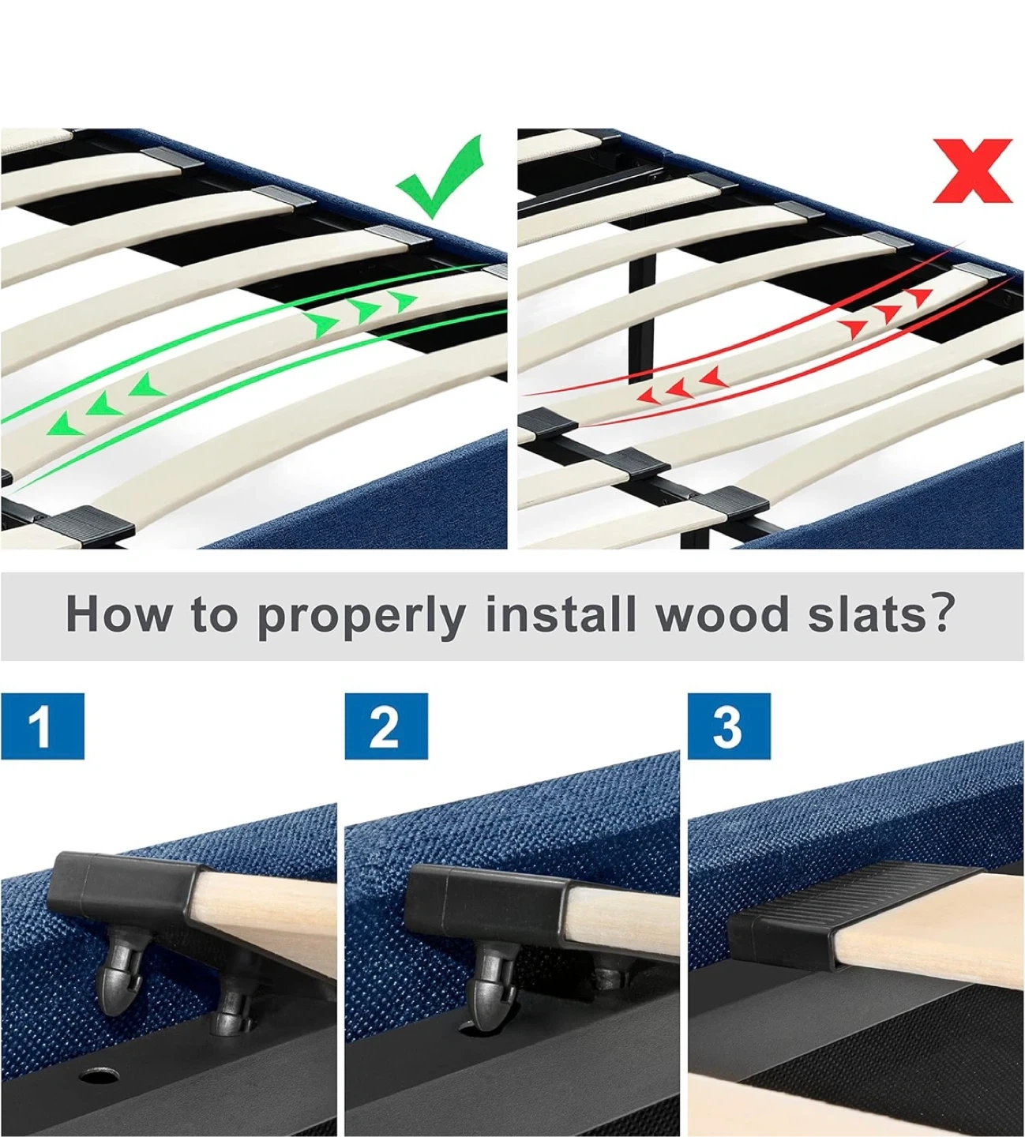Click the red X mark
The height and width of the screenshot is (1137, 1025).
coord(973,171)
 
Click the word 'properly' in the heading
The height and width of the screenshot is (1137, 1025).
coord(362,616)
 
